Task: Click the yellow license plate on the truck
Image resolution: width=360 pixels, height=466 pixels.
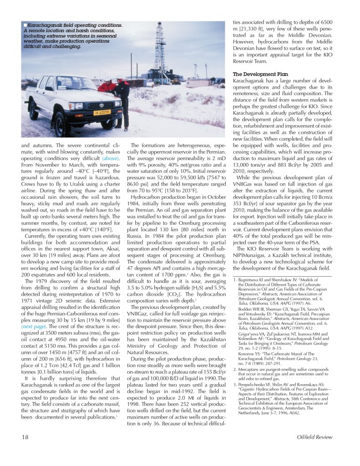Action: click(x=103, y=112)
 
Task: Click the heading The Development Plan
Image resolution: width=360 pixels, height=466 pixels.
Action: click(x=260, y=74)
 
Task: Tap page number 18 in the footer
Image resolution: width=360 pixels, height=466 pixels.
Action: click(x=26, y=437)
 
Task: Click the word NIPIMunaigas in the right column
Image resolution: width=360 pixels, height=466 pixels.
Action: click(x=252, y=256)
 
